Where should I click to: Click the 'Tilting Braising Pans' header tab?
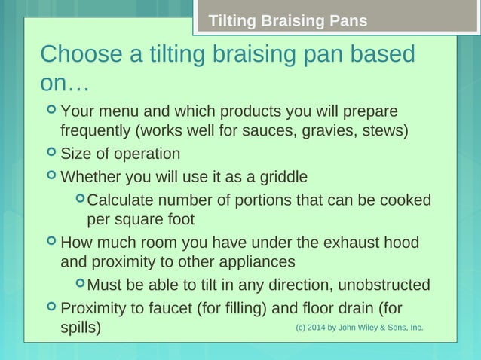pos(287,20)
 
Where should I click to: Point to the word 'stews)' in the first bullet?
pos(384,131)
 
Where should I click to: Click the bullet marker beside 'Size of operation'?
pos(51,154)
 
